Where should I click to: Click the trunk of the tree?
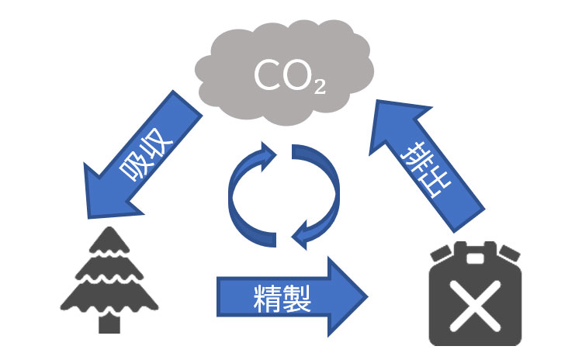coord(106,321)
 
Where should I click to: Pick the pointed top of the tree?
coord(106,230)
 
